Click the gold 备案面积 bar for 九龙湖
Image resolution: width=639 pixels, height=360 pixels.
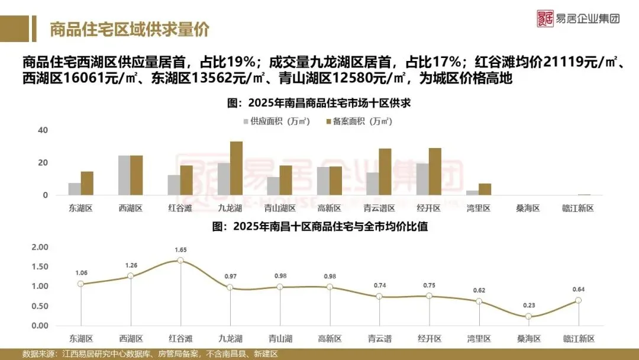236,169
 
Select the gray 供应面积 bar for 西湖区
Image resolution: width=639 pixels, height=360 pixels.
124,175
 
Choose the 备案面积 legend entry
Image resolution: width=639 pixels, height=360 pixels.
359,121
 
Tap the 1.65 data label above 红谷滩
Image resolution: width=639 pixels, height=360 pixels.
180,250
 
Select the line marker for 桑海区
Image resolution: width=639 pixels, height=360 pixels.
528,317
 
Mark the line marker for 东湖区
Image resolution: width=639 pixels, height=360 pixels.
81,284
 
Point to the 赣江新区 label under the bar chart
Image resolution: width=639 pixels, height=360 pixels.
577,208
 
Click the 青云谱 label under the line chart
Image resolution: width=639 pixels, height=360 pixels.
379,339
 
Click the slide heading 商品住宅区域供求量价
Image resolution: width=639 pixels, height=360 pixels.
129,29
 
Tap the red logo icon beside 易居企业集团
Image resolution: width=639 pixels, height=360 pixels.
544,18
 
